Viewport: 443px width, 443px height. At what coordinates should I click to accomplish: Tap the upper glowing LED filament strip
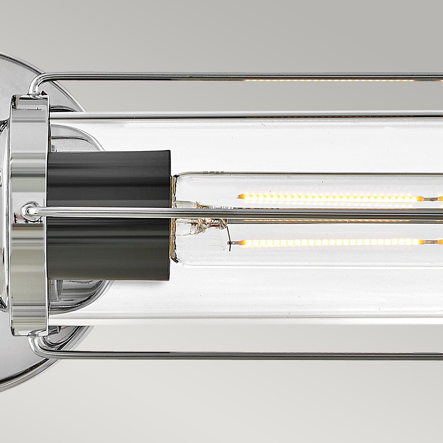coord(329,198)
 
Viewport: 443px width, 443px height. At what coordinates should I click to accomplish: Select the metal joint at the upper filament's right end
coord(430,199)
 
